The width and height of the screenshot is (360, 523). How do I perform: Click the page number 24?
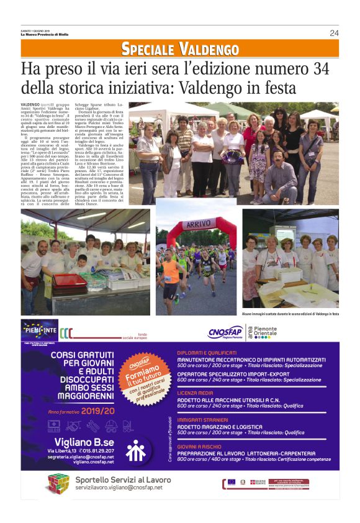[x=334, y=33]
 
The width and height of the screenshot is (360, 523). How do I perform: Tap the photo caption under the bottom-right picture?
[x=290, y=314]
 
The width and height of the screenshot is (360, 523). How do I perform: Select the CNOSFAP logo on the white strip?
[x=225, y=332]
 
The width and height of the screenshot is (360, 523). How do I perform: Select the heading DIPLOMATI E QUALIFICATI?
[x=208, y=352]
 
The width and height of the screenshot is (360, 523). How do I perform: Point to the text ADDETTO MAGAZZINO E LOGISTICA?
[x=221, y=426]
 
